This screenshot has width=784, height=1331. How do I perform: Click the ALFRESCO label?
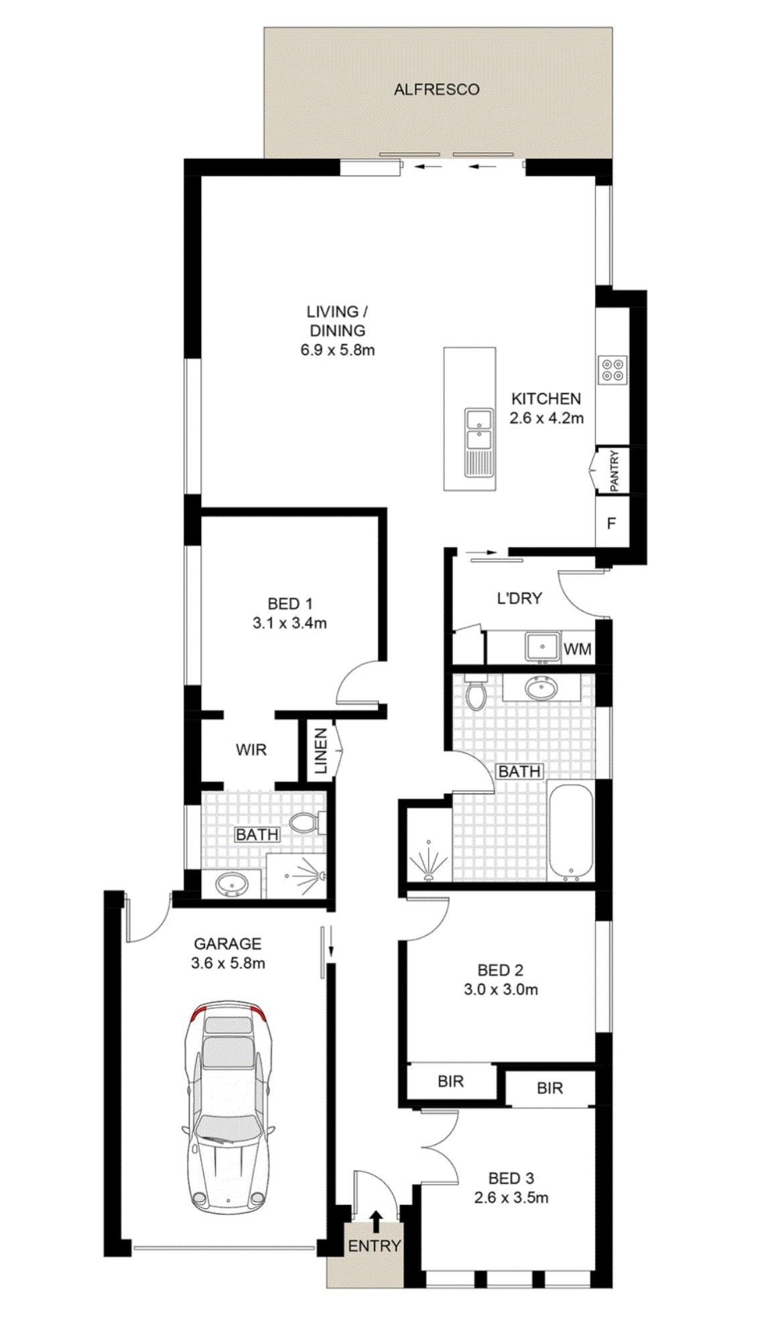(x=436, y=89)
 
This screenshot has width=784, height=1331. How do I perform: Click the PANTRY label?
(x=614, y=470)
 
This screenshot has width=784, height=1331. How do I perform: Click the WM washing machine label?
(x=577, y=649)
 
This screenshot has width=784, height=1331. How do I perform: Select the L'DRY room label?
(x=519, y=598)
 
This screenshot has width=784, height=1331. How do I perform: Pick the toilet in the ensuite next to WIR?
(x=309, y=823)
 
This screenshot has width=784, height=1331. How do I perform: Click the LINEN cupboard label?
(x=320, y=751)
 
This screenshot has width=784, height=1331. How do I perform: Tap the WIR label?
(x=251, y=750)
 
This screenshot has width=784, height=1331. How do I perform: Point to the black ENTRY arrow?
(x=377, y=1222)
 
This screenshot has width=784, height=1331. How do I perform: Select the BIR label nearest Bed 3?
(x=549, y=1088)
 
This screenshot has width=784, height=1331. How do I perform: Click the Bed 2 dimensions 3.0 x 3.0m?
(x=501, y=989)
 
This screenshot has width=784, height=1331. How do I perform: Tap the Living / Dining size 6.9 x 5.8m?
(x=337, y=349)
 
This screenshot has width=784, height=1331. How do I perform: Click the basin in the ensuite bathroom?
(x=232, y=884)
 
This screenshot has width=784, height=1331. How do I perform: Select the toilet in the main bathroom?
(x=477, y=694)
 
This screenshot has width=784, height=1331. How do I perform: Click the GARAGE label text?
(x=227, y=944)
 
